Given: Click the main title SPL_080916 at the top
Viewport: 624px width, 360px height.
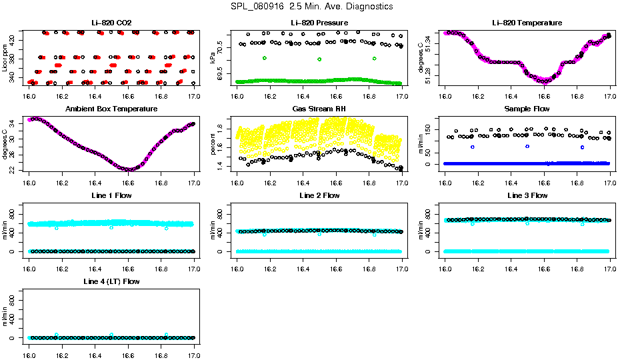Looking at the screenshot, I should [311, 7].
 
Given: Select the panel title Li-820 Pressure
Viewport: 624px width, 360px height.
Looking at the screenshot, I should [319, 23].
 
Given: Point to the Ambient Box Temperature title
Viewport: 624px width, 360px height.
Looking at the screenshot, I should [111, 109].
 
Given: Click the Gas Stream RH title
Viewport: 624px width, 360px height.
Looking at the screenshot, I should [319, 109].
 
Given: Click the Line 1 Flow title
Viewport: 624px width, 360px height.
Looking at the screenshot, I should [111, 195].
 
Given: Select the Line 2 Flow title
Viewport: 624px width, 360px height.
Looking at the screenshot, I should [319, 195].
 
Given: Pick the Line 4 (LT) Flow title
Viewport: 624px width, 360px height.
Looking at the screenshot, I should [111, 282].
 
